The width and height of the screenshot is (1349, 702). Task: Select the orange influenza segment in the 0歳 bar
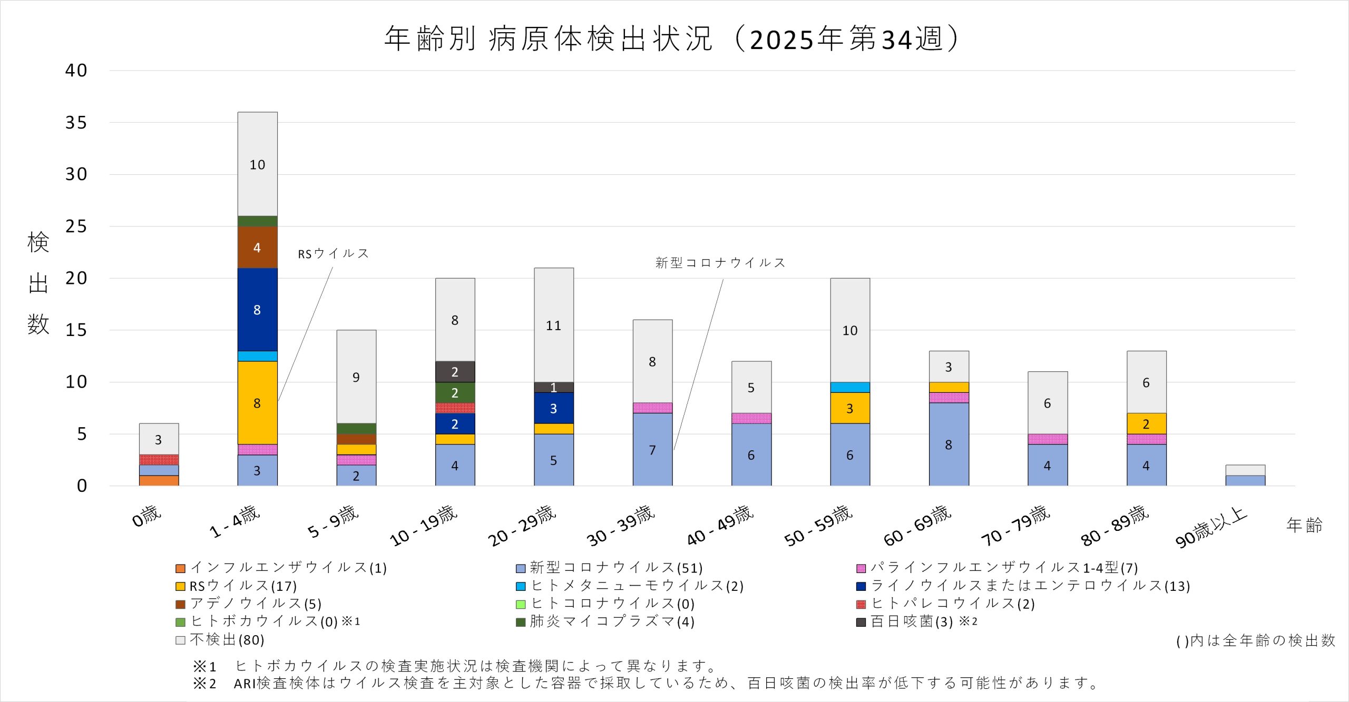[159, 480]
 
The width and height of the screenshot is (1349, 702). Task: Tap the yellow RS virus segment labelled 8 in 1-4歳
[257, 403]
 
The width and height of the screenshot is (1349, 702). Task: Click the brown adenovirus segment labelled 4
[257, 248]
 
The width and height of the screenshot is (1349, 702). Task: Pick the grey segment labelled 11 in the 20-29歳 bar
[553, 325]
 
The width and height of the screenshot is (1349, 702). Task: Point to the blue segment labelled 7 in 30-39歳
[652, 449]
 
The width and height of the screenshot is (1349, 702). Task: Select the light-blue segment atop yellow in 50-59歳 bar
[850, 387]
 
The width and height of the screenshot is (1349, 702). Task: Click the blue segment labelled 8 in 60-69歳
[949, 444]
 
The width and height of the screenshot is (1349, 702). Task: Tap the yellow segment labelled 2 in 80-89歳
[1146, 423]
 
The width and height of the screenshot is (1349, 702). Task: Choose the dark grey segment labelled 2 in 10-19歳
[455, 372]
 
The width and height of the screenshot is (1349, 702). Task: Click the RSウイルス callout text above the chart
[333, 254]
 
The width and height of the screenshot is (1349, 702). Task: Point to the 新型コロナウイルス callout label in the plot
[720, 263]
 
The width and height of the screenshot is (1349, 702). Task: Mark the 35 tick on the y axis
[76, 123]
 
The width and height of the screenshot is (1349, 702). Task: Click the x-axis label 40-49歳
[720, 525]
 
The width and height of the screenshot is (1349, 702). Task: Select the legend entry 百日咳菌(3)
[912, 621]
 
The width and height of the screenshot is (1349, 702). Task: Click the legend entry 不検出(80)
[227, 639]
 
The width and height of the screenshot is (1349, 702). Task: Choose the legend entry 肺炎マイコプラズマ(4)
[611, 621]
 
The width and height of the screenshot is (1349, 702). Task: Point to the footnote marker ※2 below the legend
[204, 684]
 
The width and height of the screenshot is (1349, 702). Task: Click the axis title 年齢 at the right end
[1304, 525]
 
